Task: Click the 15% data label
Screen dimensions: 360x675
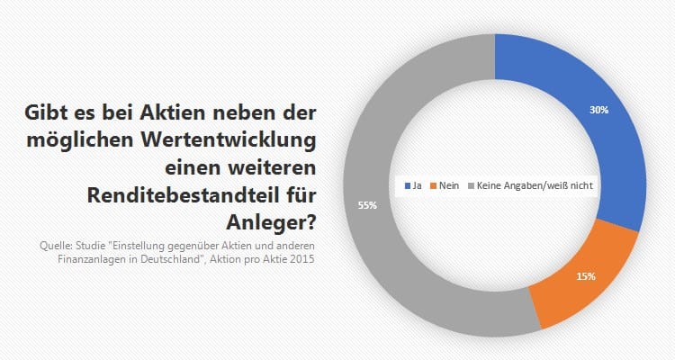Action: click(586, 275)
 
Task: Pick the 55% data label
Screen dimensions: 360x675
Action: click(367, 205)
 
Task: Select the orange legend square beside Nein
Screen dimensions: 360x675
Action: click(434, 184)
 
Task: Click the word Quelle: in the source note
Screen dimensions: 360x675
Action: click(57, 244)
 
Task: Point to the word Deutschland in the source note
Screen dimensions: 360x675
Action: click(167, 258)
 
